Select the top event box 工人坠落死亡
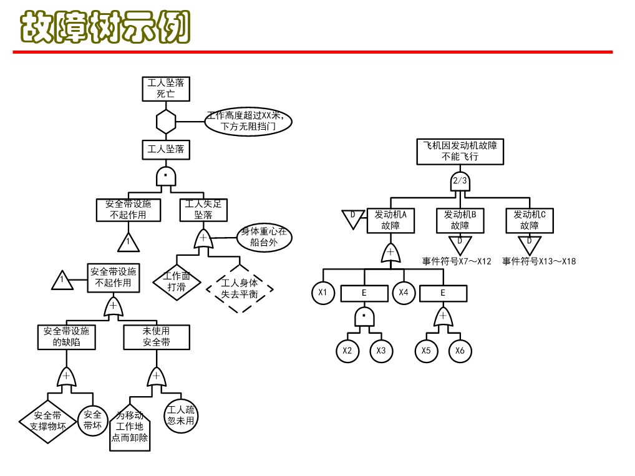coord(165,88)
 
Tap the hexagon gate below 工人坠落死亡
coord(166,121)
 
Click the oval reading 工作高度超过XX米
coord(248,121)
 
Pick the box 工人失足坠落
coord(203,209)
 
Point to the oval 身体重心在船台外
coord(264,237)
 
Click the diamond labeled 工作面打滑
coord(177,281)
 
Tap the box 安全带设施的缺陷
coord(66,337)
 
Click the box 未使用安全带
coord(157,337)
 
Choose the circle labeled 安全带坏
coord(93,420)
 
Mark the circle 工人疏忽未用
coord(181,415)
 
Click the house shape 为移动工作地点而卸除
coord(130,427)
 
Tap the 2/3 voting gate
coord(460,182)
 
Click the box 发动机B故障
coord(460,220)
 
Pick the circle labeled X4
coord(404,293)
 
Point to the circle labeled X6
coord(460,351)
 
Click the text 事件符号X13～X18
coord(539,261)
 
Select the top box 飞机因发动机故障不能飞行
coord(460,151)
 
